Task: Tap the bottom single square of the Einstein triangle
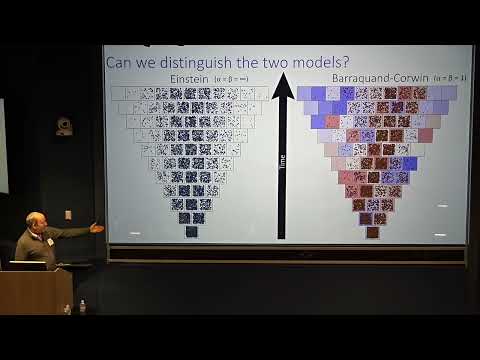pos(191,232)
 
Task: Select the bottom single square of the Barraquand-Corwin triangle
pos(372,232)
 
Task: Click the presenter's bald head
pos(34,218)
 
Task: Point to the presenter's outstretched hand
pos(97,228)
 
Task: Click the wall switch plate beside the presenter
pos(68,214)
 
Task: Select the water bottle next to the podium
pos(82,307)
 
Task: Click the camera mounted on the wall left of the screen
pos(64,126)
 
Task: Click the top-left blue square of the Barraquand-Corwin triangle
pos(304,93)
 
